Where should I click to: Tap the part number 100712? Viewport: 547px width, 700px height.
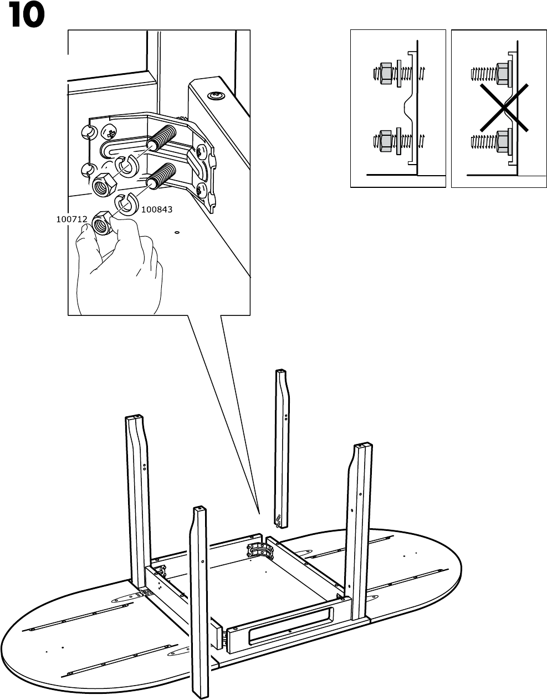pos(71,219)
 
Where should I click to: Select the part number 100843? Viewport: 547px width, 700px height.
pos(157,210)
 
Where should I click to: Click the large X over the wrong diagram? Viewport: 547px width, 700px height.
pos(504,108)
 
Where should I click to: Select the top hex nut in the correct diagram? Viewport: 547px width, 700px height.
pos(386,74)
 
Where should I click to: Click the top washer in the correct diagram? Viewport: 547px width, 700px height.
pos(399,74)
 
